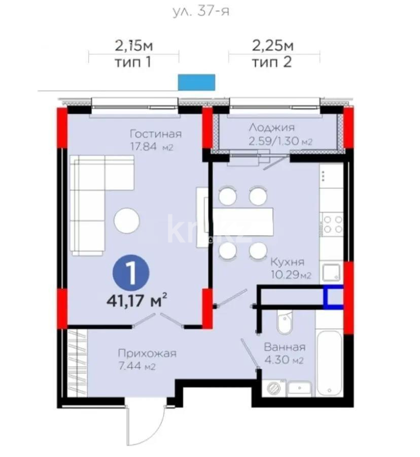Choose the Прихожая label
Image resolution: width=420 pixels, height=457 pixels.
click(x=147, y=353)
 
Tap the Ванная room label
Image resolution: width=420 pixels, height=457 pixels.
click(x=285, y=348)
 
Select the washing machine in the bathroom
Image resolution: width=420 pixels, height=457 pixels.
click(x=273, y=388)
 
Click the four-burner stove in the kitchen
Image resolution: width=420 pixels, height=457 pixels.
click(x=333, y=224)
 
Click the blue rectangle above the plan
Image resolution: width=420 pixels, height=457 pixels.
click(x=196, y=82)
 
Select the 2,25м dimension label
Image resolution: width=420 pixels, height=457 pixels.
click(x=273, y=46)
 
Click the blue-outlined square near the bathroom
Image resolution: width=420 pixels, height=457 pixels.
click(x=334, y=297)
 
